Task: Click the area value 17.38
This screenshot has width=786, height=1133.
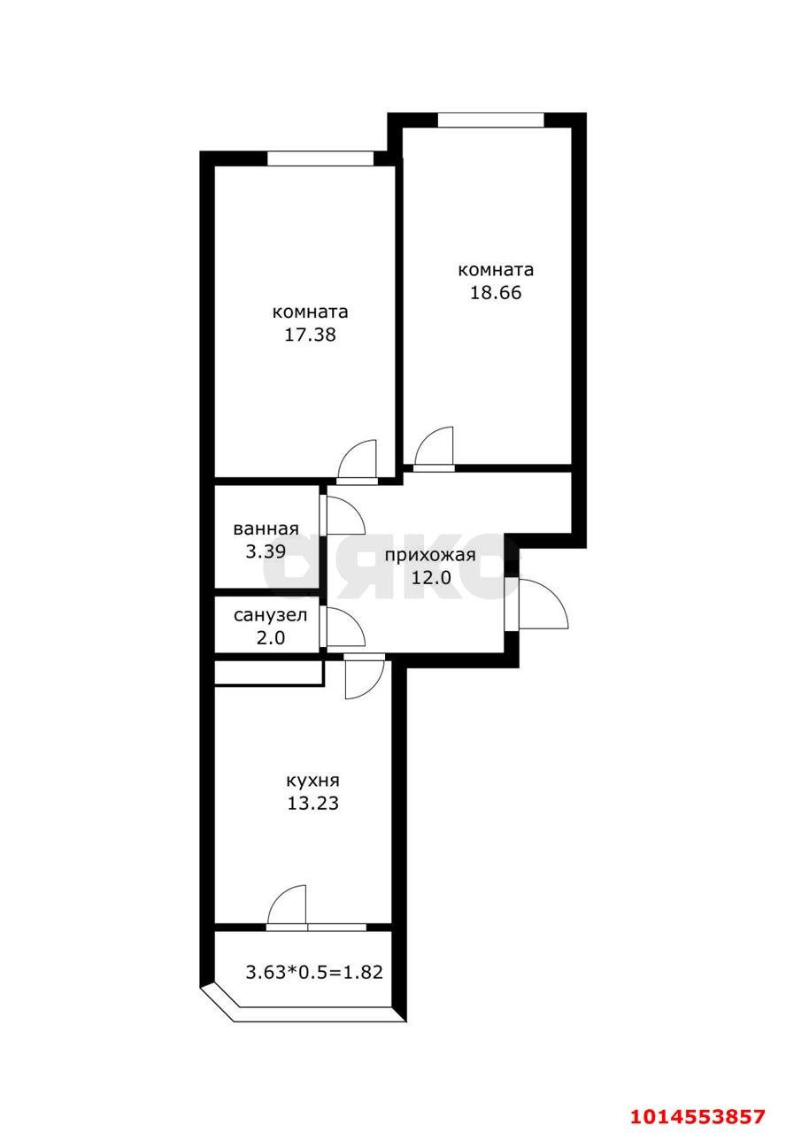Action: (310, 335)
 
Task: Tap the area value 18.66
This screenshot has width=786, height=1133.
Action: (496, 293)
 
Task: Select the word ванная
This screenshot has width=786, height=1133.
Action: (266, 529)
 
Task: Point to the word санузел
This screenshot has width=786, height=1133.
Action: (270, 615)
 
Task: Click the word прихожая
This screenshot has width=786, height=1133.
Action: (430, 556)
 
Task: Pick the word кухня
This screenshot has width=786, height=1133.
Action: (312, 781)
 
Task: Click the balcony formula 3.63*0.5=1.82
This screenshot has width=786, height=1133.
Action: (314, 972)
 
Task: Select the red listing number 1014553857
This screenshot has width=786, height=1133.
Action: (697, 1114)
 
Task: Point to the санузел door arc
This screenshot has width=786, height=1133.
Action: (345, 627)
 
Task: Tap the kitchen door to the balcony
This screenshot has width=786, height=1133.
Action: (289, 906)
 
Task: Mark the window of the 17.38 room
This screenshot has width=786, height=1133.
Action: (320, 158)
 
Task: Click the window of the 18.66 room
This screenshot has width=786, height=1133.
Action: (490, 120)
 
